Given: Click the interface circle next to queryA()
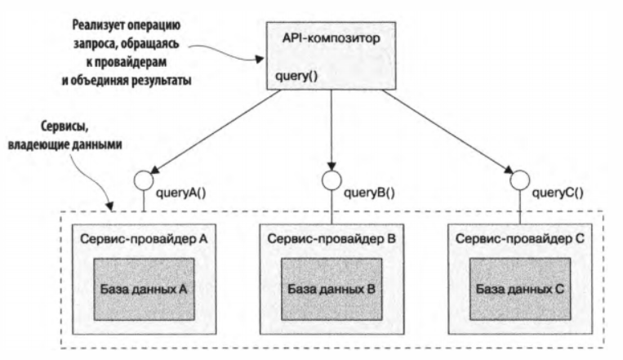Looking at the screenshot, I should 144,180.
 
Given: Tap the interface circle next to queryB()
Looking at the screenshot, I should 331,179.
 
